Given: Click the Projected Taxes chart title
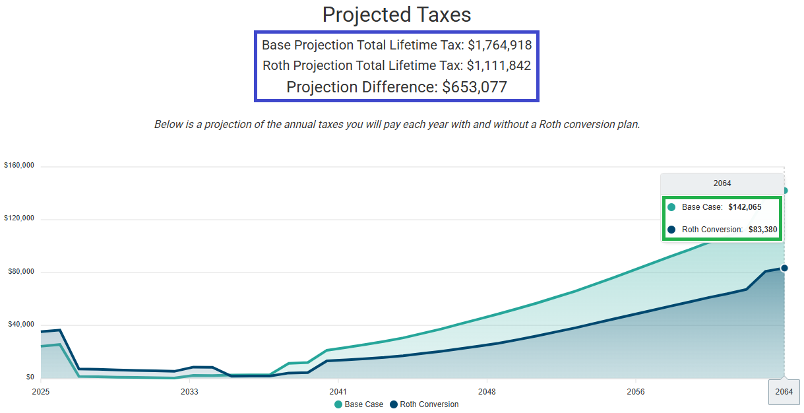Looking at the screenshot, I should click(396, 15).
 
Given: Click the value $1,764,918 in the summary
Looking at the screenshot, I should click(499, 46).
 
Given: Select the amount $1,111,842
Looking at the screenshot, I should click(499, 66).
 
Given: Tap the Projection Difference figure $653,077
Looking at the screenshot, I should click(474, 87).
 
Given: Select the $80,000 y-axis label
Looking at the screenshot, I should click(20, 272).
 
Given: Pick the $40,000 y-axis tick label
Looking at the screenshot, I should click(20, 325).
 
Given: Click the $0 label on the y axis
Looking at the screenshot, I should click(30, 377).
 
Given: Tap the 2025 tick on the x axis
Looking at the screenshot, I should click(41, 391).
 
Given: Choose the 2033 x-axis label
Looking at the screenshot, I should click(189, 391).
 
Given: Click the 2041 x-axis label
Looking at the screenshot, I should click(338, 391).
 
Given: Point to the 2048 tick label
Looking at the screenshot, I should click(487, 391).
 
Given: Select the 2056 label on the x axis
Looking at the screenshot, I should click(635, 391).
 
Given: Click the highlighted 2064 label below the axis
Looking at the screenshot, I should click(784, 392).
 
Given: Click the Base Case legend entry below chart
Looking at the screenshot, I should click(359, 404).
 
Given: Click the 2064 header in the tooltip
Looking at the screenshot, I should click(722, 183).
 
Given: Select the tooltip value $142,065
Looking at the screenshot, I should click(745, 207).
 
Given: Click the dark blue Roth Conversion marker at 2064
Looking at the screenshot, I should click(784, 268).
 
